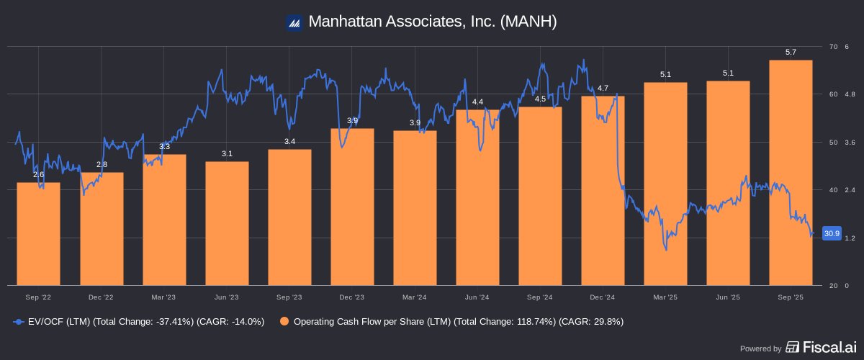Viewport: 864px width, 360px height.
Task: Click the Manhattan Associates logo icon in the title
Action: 293,22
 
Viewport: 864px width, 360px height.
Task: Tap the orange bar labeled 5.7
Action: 791,173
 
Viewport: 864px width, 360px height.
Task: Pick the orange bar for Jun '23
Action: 227,223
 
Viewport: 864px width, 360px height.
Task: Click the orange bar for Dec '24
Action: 603,191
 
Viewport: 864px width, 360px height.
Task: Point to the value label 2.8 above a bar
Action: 102,165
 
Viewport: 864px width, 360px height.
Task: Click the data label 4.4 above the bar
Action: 477,102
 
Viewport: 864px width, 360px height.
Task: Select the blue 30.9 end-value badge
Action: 832,233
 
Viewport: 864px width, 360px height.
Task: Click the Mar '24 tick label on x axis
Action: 415,297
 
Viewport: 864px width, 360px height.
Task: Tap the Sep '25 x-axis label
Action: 791,297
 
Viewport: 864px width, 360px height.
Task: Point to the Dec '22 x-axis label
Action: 102,297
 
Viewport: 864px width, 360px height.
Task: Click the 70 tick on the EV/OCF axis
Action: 834,47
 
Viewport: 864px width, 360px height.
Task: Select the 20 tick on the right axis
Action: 834,286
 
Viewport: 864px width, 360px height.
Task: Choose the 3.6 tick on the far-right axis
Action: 850,143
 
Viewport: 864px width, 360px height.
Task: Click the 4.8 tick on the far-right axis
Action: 850,94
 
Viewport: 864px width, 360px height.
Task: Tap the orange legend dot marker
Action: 285,321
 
